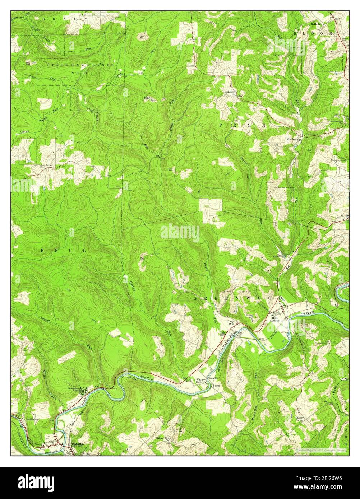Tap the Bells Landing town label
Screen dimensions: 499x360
(276, 320)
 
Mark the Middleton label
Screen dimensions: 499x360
(32, 419)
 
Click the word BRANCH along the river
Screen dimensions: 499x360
(147, 378)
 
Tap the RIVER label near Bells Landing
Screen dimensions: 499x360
(309, 313)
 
